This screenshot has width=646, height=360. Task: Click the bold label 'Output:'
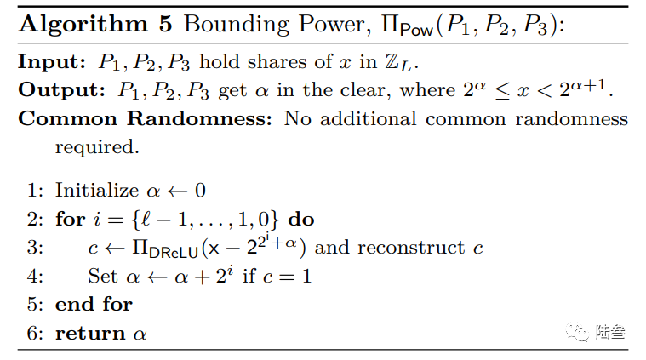point(57,91)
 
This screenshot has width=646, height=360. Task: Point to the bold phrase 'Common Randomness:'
point(146,118)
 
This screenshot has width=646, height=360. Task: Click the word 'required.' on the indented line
point(95,146)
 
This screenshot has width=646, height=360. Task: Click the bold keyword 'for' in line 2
point(70,219)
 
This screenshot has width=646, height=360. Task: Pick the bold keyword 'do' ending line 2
point(300,219)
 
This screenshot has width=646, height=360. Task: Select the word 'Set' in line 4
point(102,276)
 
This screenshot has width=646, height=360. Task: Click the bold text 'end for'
point(94,304)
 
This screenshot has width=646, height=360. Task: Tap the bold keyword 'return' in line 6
point(89,333)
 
